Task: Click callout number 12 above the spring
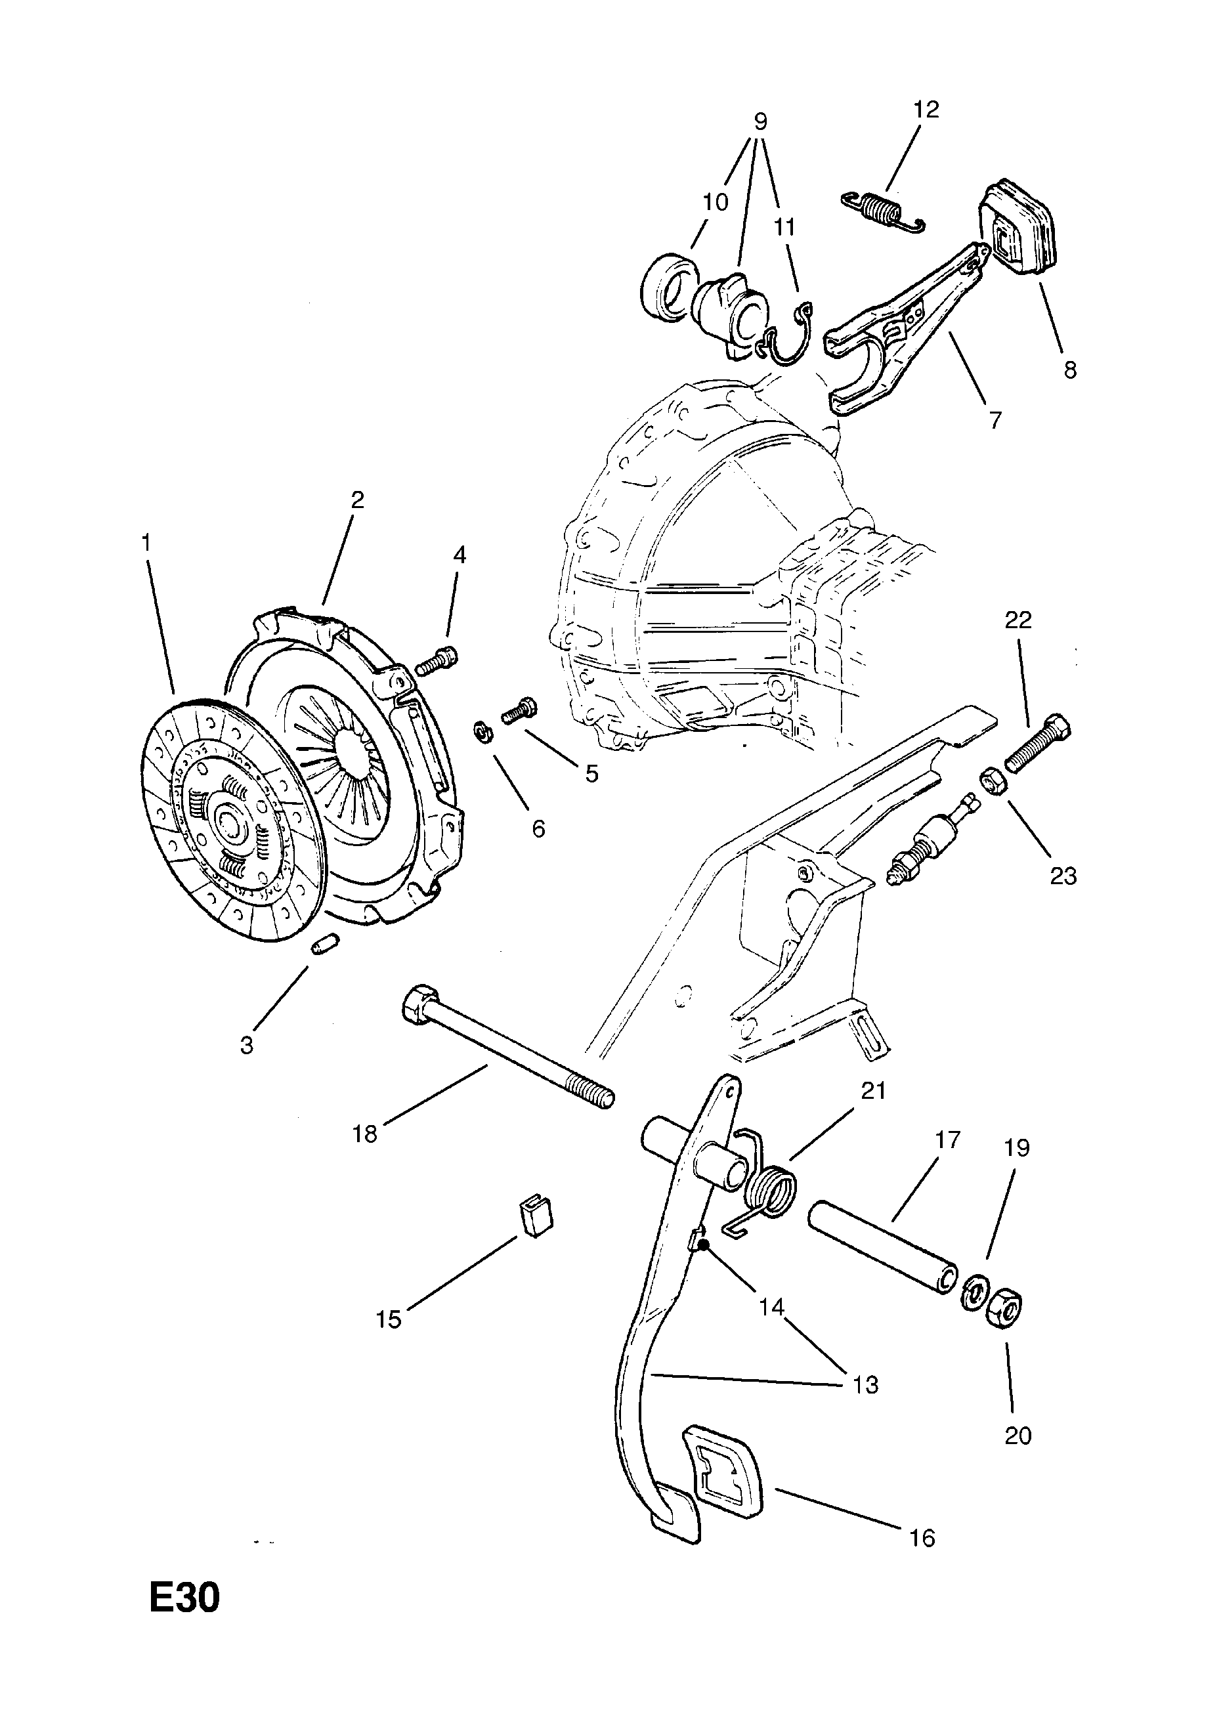click(x=926, y=110)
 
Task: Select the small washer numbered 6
click(x=481, y=730)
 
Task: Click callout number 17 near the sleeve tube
click(x=948, y=1140)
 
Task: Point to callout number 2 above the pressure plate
click(x=357, y=500)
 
